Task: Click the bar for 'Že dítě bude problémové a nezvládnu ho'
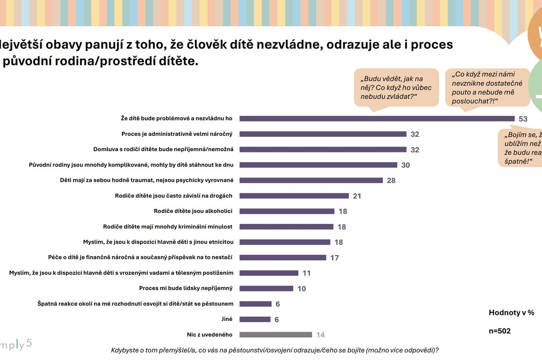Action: [x=377, y=119]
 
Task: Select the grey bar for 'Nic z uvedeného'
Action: [x=276, y=335]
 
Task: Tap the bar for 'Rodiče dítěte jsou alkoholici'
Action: [x=287, y=211]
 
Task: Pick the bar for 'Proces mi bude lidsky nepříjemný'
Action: [x=266, y=288]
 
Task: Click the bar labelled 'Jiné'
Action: [x=255, y=319]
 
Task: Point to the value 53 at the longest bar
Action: [x=523, y=119]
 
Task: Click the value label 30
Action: [x=405, y=165]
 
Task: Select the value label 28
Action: [x=391, y=180]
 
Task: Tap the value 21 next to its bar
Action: [x=357, y=196]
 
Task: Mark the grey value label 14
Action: [x=320, y=335]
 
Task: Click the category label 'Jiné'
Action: [x=227, y=319]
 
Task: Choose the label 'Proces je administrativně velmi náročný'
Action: [x=177, y=134]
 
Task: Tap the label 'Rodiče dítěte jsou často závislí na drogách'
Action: [x=173, y=195]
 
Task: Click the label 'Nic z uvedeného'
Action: [x=209, y=334]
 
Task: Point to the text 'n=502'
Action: [x=500, y=331]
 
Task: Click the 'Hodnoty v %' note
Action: [x=511, y=312]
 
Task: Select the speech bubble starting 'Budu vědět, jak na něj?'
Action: [x=396, y=87]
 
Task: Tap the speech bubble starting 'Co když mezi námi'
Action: [x=484, y=88]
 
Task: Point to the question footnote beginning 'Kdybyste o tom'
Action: [x=275, y=350]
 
